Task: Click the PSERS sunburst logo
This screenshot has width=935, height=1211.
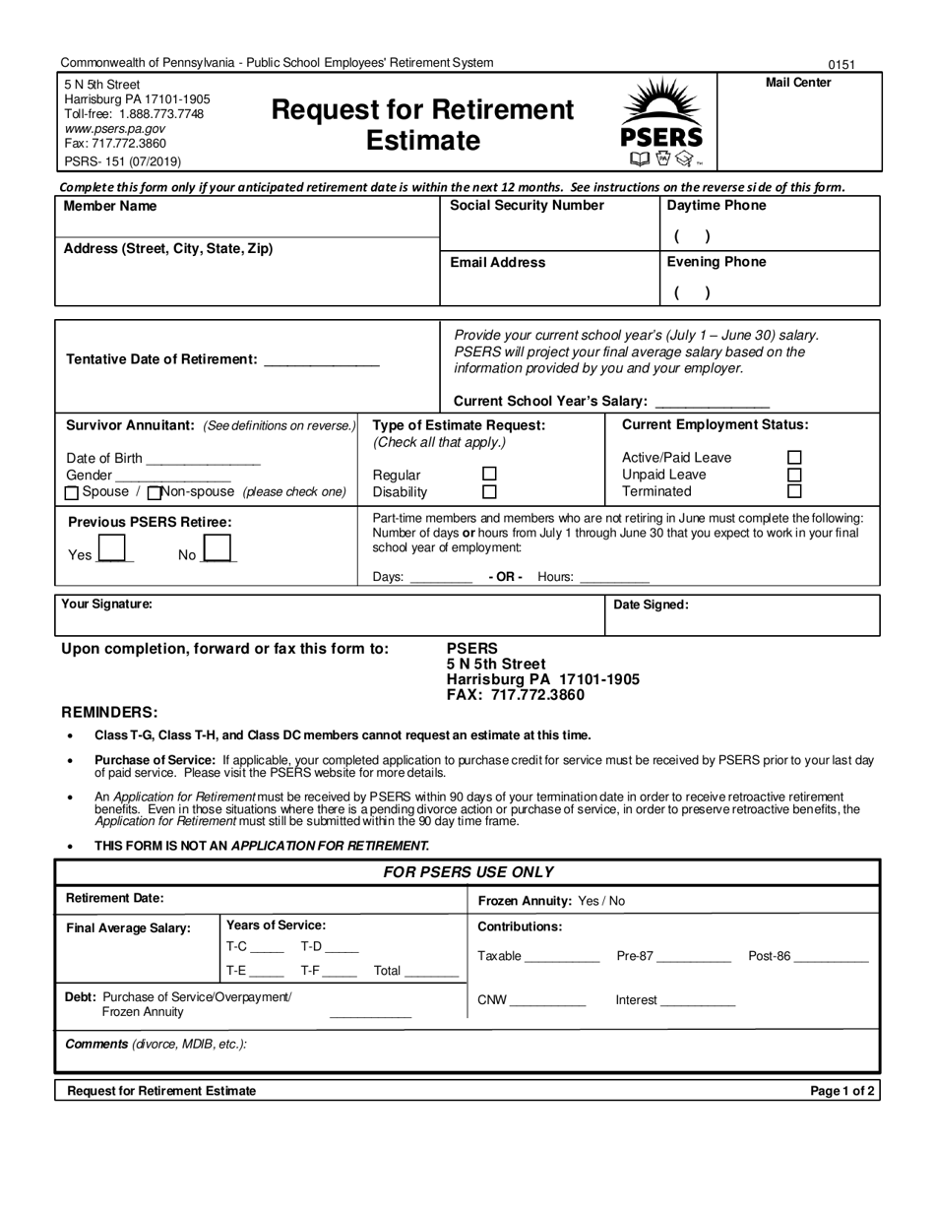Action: coord(660,123)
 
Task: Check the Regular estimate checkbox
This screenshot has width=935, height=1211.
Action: coord(489,474)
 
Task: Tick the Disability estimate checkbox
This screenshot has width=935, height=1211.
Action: coord(489,491)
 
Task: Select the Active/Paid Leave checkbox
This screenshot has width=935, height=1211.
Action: coord(795,457)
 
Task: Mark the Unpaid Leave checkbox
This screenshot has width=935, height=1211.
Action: coord(795,474)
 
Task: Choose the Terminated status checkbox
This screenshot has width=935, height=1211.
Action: coord(795,491)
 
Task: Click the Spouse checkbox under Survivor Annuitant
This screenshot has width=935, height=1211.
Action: coord(72,492)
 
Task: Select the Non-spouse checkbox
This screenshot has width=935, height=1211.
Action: coord(154,492)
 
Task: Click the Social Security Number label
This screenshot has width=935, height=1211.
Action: coord(527,206)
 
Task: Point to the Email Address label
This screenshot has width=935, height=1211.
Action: coord(497,263)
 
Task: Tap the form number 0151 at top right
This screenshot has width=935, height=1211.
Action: coord(841,65)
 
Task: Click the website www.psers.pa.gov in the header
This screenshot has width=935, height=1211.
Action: coord(114,129)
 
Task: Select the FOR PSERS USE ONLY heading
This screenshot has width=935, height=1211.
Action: coord(467,872)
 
